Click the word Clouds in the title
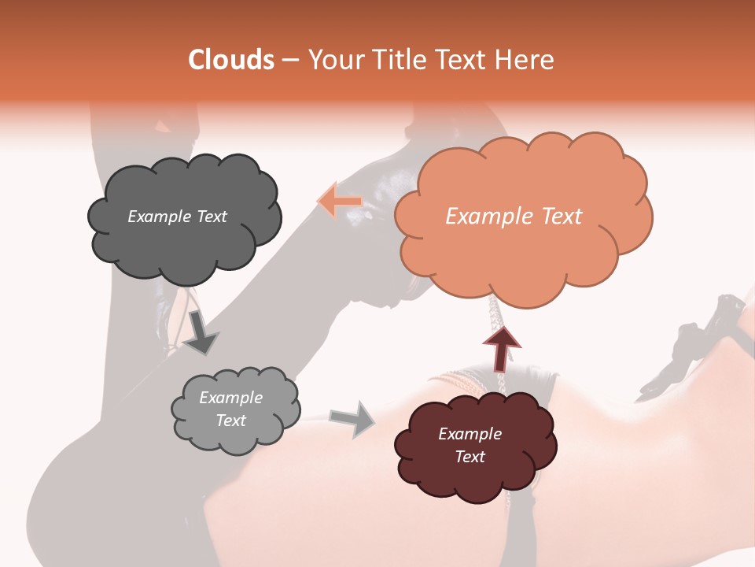tap(231, 60)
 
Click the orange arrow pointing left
tap(339, 202)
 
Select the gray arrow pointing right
tap(352, 418)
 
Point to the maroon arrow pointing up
tap(502, 347)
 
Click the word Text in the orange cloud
tap(561, 217)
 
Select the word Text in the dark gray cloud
tap(210, 217)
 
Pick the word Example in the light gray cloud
tap(230, 398)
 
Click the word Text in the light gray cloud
tap(230, 421)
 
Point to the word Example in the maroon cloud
tap(470, 434)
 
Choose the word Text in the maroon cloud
tap(470, 457)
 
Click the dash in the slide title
tap(290, 60)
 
